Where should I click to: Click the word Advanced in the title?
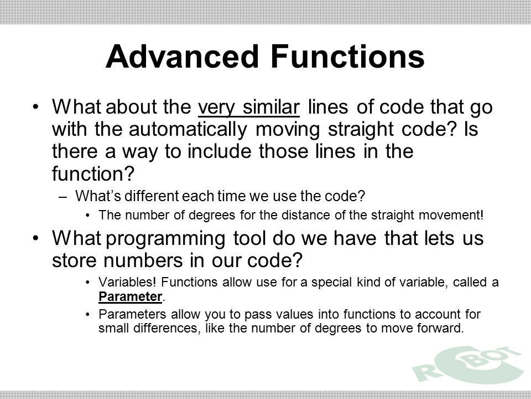pos(182,57)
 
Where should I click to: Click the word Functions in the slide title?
pos(347,57)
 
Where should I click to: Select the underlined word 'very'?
pos(216,108)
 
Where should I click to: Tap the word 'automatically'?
pos(188,130)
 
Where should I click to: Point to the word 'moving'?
pos(288,130)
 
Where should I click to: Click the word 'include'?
pos(220,151)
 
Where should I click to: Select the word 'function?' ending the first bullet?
pos(93,173)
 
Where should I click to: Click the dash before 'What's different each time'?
pos(63,197)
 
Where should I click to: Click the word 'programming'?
pos(165,239)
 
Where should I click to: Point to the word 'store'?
pos(74,260)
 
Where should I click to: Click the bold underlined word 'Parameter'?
pos(130,296)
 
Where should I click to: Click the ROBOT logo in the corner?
pos(468,365)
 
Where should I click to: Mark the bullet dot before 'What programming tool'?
pos(36,238)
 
